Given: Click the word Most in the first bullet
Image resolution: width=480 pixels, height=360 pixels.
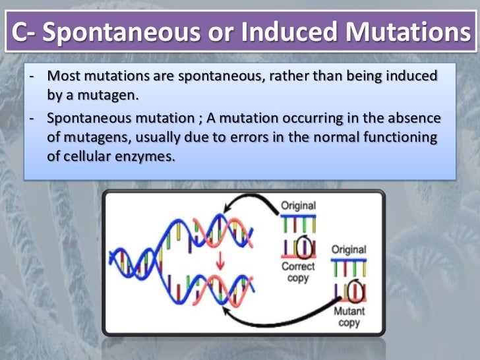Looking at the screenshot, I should pyautogui.click(x=62, y=77).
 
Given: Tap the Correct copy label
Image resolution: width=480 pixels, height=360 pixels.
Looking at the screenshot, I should pyautogui.click(x=298, y=272).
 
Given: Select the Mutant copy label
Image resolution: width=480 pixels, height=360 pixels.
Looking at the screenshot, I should pyautogui.click(x=349, y=317).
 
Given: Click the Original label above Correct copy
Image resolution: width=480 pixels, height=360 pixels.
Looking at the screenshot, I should pyautogui.click(x=299, y=206).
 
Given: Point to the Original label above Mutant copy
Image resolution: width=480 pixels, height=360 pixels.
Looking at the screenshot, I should pyautogui.click(x=349, y=251).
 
